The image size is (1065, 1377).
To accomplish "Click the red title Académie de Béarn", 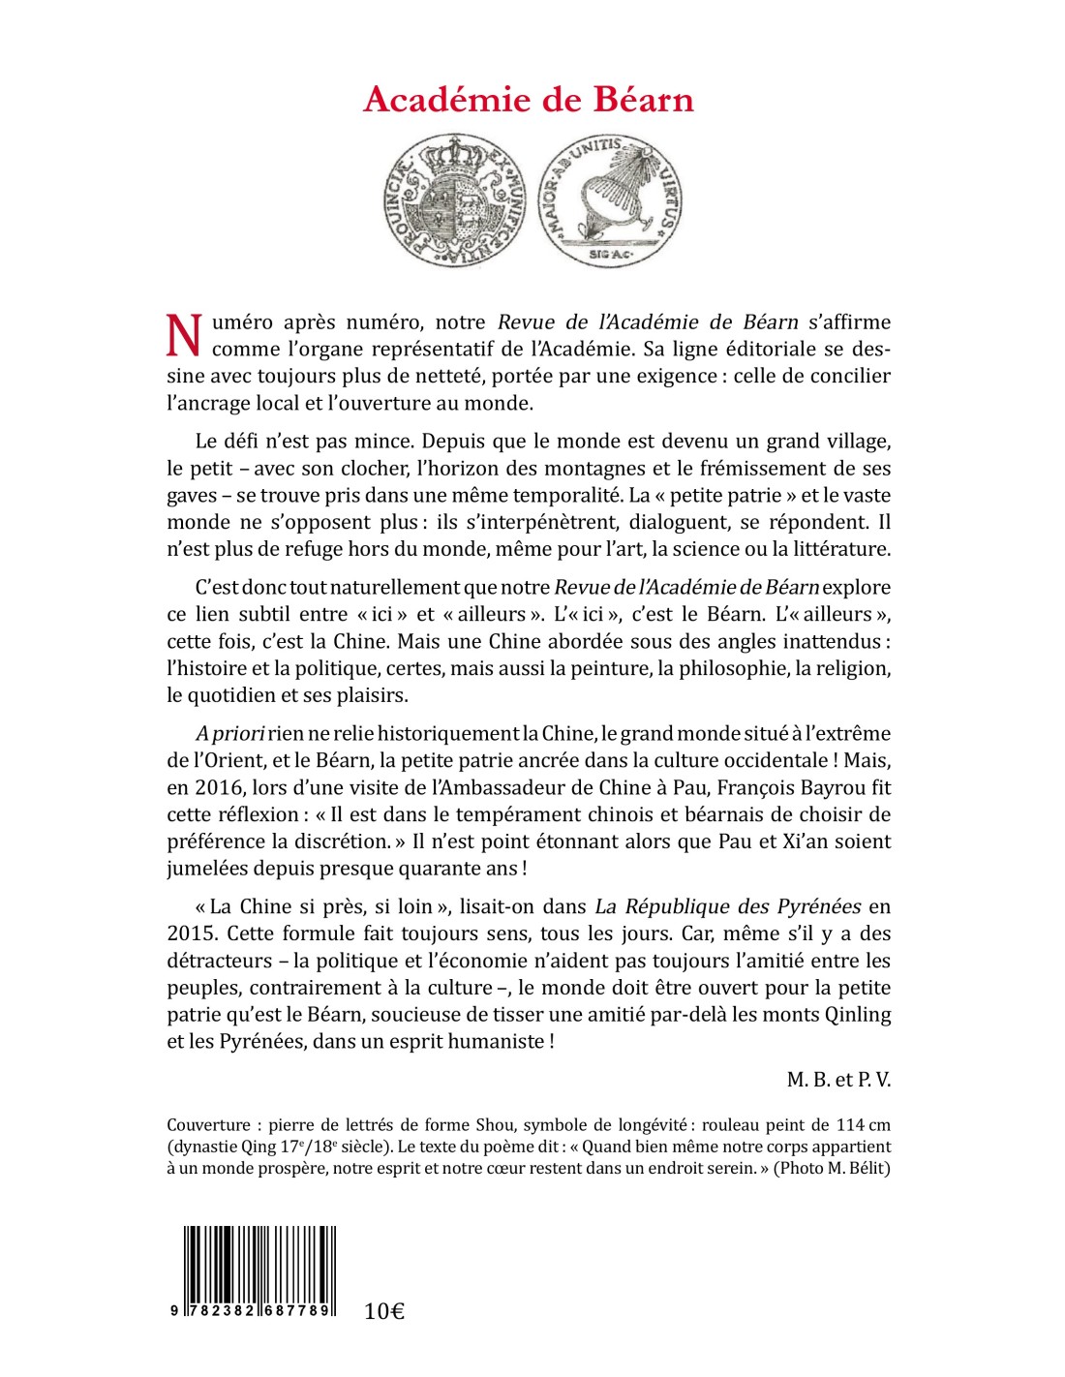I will [x=529, y=100].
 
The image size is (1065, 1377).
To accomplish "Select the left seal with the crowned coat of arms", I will [x=450, y=201].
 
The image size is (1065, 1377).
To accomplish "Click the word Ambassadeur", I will [x=526, y=787].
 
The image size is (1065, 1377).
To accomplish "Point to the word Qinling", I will [x=856, y=1015].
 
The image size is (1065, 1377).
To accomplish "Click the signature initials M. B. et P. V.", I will [x=838, y=1080].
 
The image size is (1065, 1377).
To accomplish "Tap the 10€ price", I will [x=384, y=1311].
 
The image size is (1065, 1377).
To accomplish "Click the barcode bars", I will [x=259, y=1263].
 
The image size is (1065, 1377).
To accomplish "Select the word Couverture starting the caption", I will [x=208, y=1125].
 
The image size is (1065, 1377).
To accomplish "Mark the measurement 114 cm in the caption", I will [x=863, y=1125].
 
